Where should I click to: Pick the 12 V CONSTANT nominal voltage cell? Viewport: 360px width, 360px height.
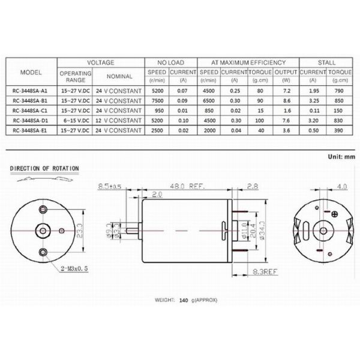pos(119,119)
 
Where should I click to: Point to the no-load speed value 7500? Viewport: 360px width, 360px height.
pos(157,100)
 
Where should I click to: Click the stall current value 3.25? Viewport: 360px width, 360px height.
pos(312,100)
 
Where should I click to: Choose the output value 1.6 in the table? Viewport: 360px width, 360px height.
pos(286,110)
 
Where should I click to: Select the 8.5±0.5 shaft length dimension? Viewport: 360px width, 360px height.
pos(110,186)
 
